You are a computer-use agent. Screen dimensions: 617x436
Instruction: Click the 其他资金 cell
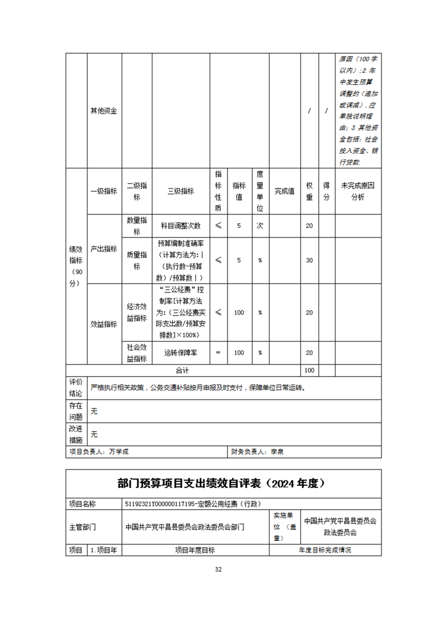point(103,111)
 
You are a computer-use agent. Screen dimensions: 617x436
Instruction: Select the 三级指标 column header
point(181,191)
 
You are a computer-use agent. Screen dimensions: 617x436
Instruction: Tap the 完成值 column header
point(284,191)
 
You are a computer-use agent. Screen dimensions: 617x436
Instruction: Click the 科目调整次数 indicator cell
point(181,226)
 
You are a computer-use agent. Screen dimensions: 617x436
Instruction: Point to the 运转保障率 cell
point(181,353)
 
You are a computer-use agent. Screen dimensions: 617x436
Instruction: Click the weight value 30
point(309,260)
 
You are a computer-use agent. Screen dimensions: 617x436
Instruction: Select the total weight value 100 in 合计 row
point(309,371)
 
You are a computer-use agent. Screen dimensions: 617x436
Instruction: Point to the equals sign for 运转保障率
point(218,353)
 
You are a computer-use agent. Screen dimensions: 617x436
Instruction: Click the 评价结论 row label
point(75,388)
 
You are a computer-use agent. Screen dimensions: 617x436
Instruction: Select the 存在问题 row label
point(75,411)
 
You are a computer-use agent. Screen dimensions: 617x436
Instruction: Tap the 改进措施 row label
point(75,434)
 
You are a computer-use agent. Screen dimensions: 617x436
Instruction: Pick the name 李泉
point(276,452)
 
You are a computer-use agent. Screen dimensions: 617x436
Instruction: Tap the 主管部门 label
point(82,526)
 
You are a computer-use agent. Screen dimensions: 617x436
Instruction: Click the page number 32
point(218,569)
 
